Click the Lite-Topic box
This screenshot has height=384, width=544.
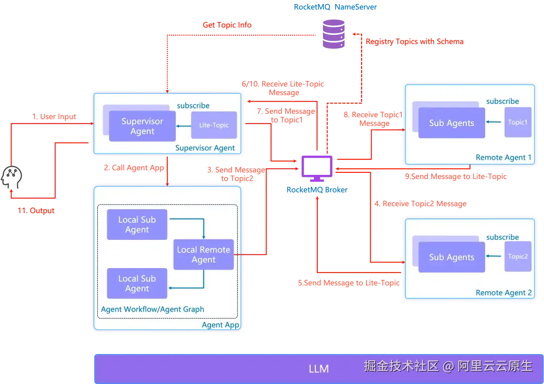(x=214, y=125)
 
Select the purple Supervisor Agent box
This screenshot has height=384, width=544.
(x=143, y=126)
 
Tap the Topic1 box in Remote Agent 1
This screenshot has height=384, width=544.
(x=518, y=122)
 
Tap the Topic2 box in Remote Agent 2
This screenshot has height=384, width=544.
(x=518, y=257)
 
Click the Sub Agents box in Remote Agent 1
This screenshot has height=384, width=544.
(x=451, y=123)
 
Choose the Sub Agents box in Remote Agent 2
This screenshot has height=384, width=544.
(x=451, y=257)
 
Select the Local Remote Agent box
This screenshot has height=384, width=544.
(x=203, y=254)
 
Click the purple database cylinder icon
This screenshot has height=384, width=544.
(x=333, y=33)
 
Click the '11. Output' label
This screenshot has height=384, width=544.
(x=36, y=210)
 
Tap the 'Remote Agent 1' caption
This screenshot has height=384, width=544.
(x=503, y=158)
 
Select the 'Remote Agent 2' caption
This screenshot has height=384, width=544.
(x=503, y=293)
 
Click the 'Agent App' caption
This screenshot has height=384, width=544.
(x=220, y=325)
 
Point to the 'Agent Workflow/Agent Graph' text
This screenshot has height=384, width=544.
(x=153, y=309)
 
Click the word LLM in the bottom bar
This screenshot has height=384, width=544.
(x=318, y=369)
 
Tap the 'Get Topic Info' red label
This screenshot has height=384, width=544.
(x=227, y=24)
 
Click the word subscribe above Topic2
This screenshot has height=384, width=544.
(x=502, y=237)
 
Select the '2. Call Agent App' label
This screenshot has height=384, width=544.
(x=134, y=168)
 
